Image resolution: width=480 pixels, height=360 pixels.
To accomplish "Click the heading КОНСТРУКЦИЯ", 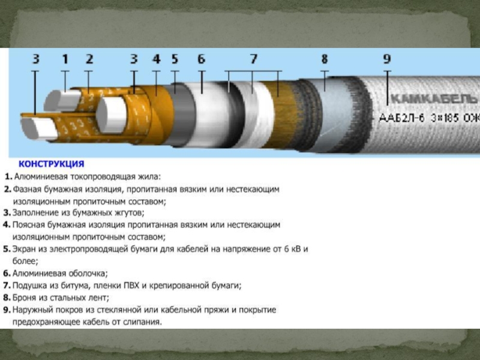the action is [x=52, y=164].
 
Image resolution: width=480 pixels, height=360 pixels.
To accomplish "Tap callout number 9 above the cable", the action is [x=387, y=59].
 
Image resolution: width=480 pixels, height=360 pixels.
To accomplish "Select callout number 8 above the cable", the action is [x=325, y=59].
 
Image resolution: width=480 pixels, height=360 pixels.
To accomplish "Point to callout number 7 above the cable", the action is [x=253, y=59].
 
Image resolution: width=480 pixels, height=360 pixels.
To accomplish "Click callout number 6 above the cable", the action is [x=201, y=59].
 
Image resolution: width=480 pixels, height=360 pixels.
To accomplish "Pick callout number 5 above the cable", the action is [x=175, y=59].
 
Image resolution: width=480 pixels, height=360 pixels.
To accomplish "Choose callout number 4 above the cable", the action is [x=157, y=59].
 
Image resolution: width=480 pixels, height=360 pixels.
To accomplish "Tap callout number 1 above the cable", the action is [x=65, y=59].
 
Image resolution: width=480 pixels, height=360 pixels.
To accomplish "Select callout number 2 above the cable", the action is [x=89, y=59].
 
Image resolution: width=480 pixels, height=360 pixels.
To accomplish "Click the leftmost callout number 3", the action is [x=36, y=59].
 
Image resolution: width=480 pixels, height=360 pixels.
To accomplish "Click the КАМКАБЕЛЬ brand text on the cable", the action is [x=434, y=99].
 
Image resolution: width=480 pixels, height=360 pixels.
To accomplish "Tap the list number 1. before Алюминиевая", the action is [x=8, y=176].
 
